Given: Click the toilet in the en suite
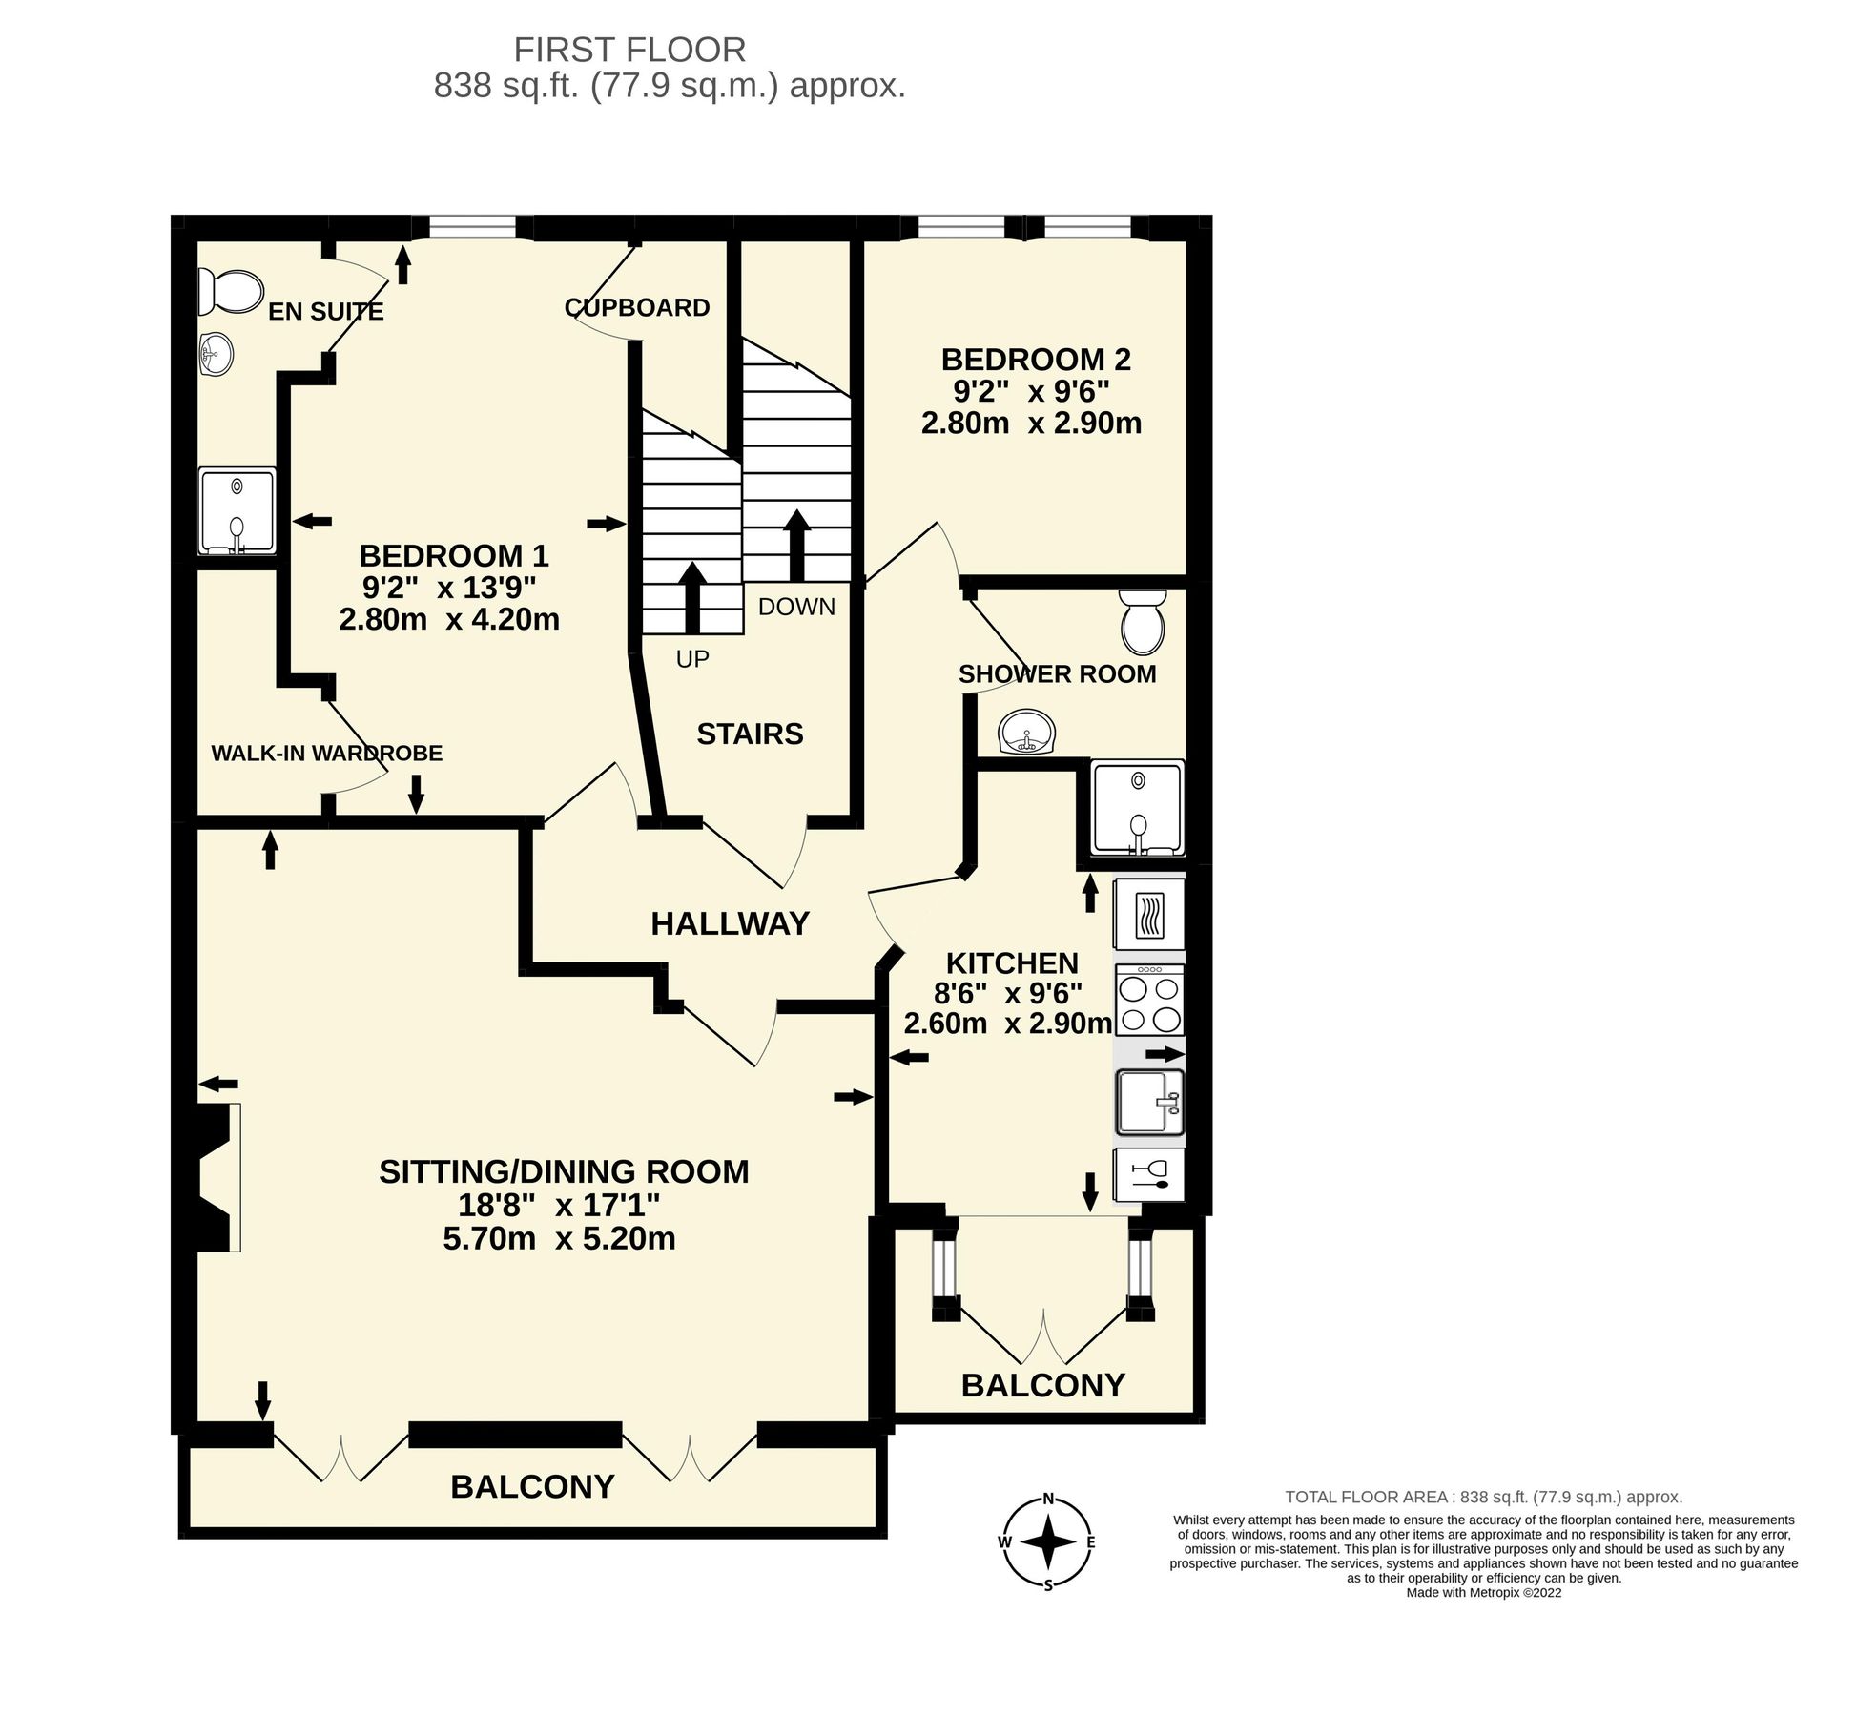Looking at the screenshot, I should point(230,291).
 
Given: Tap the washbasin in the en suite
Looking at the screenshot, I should point(217,355).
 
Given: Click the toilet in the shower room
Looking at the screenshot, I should point(1143,619).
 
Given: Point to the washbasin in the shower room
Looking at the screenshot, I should point(1027,733).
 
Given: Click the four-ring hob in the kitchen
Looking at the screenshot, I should point(1149,1000).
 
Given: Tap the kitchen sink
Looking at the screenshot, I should point(1149,1102).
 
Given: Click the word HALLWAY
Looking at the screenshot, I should point(730,923).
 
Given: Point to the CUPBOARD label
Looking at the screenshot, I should point(637,307).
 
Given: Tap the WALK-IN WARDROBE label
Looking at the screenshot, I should point(326,753).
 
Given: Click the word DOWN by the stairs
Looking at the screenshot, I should point(796,607).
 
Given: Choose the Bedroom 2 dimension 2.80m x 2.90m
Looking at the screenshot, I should point(1031,423).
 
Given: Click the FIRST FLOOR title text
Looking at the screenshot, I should point(629,49).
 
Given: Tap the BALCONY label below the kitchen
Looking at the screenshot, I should point(1042,1385).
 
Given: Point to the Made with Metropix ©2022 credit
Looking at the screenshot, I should point(1483,1592).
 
